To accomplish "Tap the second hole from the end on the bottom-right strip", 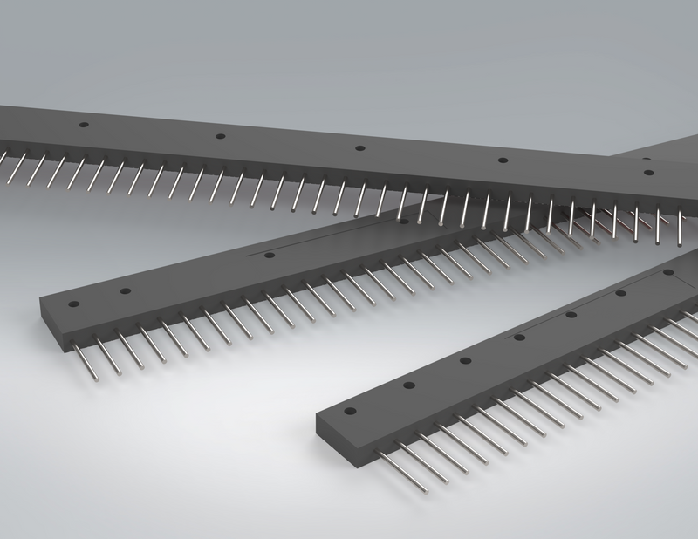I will pyautogui.click(x=407, y=385).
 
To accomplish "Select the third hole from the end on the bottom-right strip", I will pyautogui.click(x=464, y=360).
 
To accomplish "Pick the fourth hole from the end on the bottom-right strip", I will pyautogui.click(x=518, y=337).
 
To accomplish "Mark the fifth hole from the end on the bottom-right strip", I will pyautogui.click(x=571, y=315).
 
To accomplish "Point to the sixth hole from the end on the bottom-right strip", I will pyautogui.click(x=620, y=293).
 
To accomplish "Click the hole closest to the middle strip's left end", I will pyautogui.click(x=74, y=304).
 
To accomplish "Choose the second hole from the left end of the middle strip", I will pyautogui.click(x=126, y=291).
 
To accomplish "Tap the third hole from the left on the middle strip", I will pyautogui.click(x=269, y=256).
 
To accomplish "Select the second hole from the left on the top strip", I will pyautogui.click(x=220, y=136).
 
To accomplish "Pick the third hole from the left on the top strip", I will pyautogui.click(x=359, y=147).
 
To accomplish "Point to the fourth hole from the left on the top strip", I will pyautogui.click(x=502, y=160).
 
